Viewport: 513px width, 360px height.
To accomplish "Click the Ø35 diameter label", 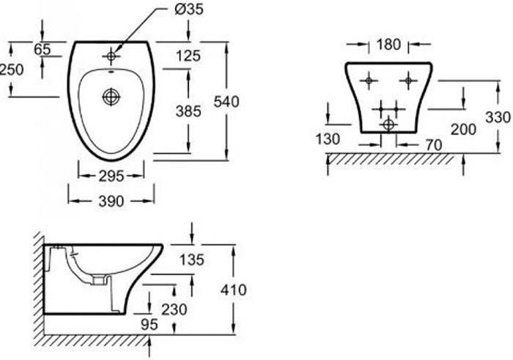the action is pos(189,10).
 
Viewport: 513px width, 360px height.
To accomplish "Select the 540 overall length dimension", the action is pos(226,102).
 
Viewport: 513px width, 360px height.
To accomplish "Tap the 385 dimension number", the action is pos(188,111).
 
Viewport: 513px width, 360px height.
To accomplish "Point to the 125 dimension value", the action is pos(188,56).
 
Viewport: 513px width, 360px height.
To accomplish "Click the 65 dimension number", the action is pos(43,49).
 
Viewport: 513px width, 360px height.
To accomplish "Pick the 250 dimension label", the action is pos(12,70).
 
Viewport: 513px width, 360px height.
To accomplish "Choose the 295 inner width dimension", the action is pos(111,176).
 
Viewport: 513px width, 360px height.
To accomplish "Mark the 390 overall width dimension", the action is pos(111,201).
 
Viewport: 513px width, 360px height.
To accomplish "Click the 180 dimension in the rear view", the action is pos(388,45).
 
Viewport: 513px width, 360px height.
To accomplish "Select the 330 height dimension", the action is pos(498,117).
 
